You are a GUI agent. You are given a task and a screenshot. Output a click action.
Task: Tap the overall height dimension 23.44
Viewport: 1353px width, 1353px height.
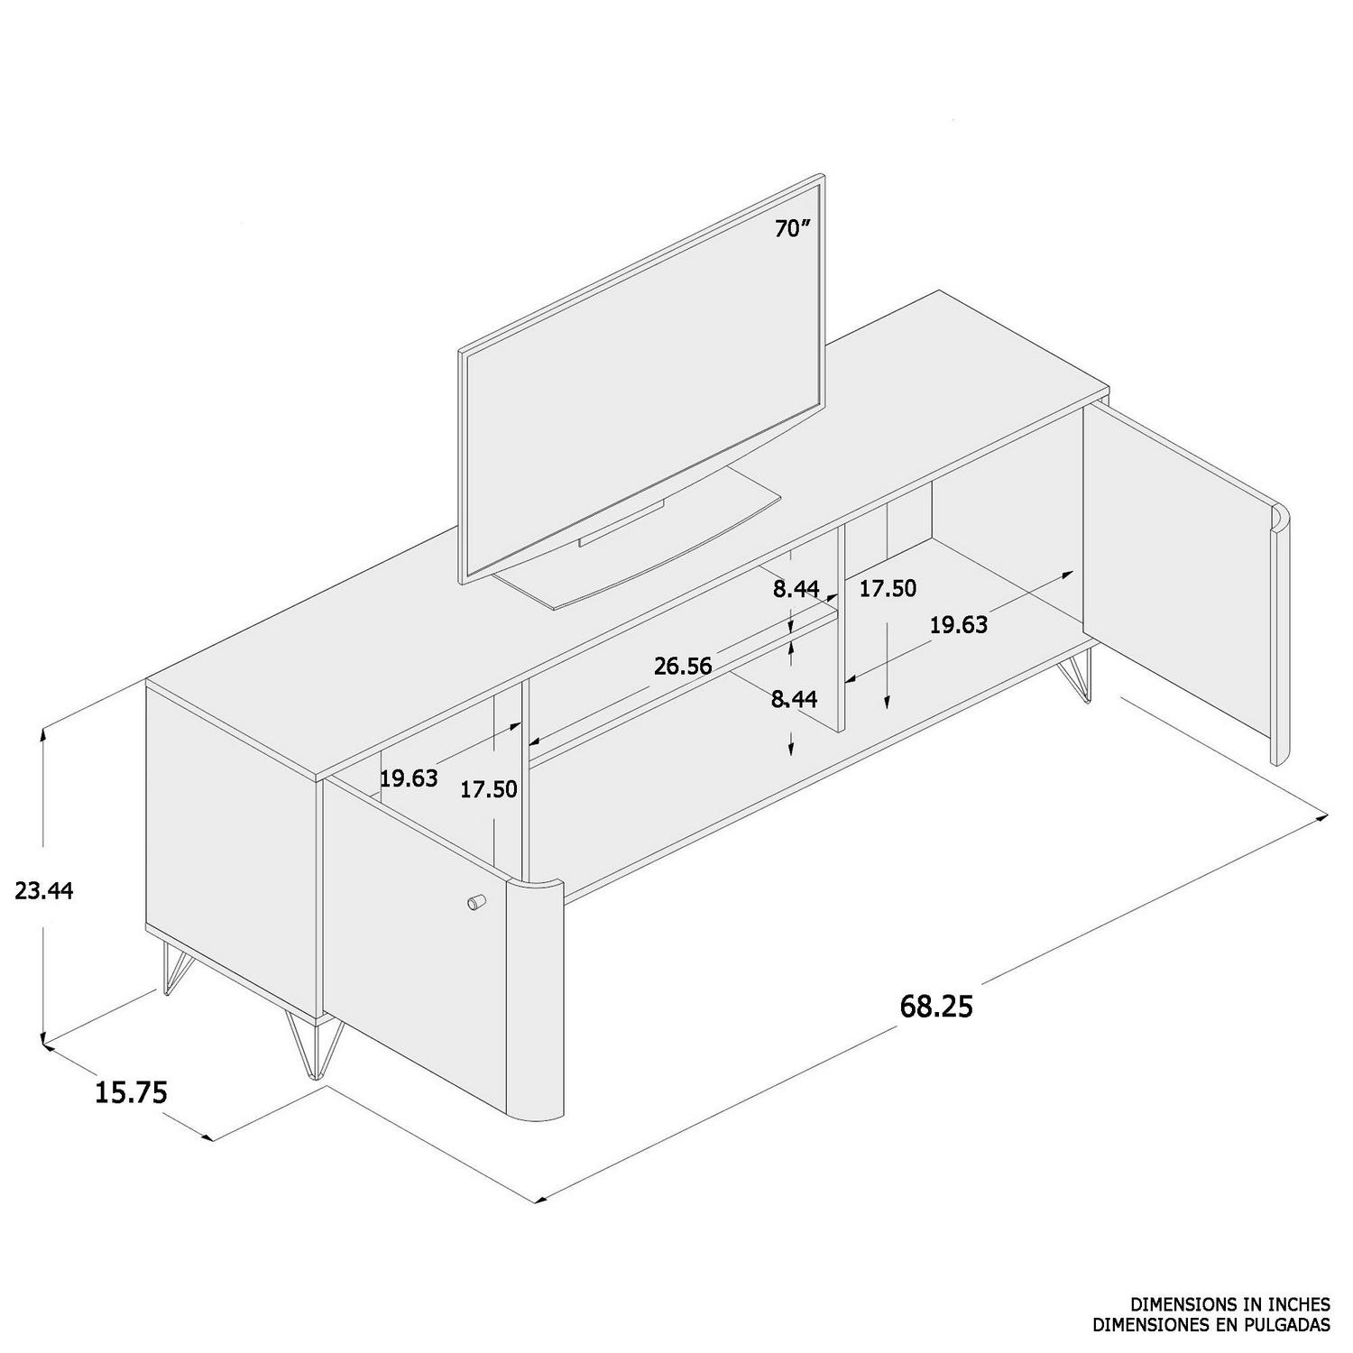(43, 891)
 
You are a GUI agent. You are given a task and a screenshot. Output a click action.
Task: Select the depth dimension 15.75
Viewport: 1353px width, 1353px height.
(132, 1092)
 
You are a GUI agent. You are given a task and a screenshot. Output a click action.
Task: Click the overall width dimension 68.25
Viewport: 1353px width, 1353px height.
(936, 1006)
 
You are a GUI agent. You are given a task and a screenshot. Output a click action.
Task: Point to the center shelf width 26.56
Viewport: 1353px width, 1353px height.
(683, 667)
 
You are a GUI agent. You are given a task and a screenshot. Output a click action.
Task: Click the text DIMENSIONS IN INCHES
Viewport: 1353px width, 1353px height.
(1230, 1303)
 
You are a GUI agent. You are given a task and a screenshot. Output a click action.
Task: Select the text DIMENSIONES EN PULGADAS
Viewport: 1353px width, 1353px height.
(1211, 1324)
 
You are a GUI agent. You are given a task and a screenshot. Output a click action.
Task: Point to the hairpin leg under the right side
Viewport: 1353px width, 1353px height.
(1079, 676)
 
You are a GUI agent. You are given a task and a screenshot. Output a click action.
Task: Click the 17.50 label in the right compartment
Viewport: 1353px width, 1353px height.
(888, 589)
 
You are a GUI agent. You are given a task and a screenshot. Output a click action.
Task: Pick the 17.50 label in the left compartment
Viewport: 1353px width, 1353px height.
(489, 789)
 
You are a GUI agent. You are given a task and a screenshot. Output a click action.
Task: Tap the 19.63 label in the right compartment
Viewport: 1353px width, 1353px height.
(959, 624)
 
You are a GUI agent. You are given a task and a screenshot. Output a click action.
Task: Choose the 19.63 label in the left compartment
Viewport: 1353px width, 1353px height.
(409, 778)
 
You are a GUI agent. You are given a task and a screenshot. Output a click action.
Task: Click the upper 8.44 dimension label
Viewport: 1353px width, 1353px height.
(796, 589)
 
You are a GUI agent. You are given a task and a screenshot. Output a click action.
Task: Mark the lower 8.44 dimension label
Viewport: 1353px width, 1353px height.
(794, 699)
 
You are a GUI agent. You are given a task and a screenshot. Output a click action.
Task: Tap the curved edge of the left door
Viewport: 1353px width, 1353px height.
(536, 992)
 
